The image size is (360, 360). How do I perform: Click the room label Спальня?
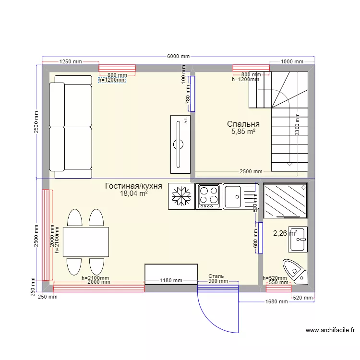pos(243,124)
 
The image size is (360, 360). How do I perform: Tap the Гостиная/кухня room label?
pos(133,186)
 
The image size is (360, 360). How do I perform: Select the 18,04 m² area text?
pos(133,193)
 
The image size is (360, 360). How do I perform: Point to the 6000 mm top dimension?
pos(178,56)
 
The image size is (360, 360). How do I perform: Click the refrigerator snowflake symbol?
pos(181,196)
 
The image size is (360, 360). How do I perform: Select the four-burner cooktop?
pos(209,196)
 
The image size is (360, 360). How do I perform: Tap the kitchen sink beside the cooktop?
pos(240,196)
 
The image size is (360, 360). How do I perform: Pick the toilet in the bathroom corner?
pos(294,272)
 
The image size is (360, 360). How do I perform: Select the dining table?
pos(85,242)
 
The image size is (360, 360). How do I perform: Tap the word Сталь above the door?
pos(216,276)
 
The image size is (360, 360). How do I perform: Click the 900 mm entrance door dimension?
pos(218,281)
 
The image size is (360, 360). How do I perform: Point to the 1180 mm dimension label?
pos(171,281)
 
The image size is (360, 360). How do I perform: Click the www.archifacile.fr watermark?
pos(330,330)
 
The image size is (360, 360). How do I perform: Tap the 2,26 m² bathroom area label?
pos(285,234)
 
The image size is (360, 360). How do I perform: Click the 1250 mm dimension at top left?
pos(71,62)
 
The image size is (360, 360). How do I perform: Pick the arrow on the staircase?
pos(289,163)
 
